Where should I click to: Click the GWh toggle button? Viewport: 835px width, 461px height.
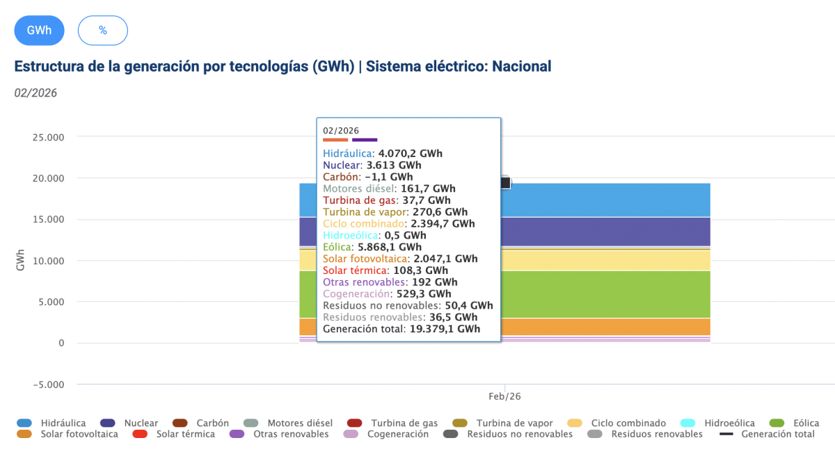(x=39, y=30)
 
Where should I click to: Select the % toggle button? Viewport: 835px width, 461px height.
(x=103, y=30)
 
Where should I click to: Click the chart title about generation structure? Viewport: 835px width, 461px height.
(x=283, y=67)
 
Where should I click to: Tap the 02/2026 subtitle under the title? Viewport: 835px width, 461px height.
(x=35, y=93)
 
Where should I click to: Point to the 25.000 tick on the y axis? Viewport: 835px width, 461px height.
(x=48, y=137)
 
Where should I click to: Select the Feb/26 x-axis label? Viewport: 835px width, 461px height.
(x=504, y=396)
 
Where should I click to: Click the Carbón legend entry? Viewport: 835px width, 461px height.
(x=202, y=423)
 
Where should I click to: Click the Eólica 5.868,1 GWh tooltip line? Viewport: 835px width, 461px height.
(x=372, y=247)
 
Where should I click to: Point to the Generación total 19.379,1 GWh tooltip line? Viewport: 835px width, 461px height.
(x=401, y=329)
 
